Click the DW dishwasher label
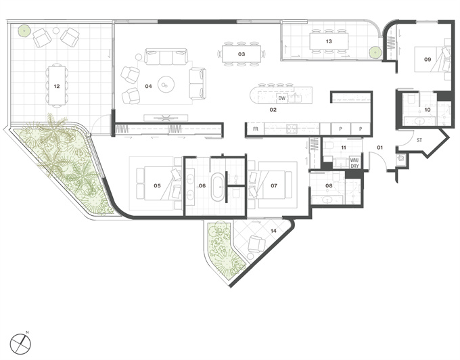281,98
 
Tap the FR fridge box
256,129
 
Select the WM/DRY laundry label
354,163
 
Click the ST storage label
419,140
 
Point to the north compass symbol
20,344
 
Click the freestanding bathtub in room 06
218,186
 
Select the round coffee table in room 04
166,85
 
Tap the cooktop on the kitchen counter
292,129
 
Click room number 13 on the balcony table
329,41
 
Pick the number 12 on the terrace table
57,86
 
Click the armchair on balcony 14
256,244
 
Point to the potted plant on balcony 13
375,53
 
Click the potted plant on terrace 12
24,30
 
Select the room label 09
428,60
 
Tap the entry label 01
380,148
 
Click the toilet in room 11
329,145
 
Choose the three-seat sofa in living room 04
166,56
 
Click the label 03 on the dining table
241,54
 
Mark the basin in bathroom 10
420,120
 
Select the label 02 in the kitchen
273,110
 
